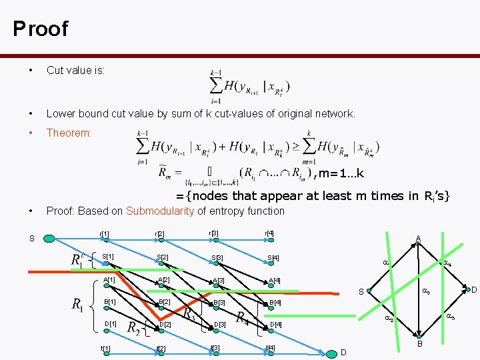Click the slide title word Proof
coord(40,29)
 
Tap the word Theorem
coord(69,133)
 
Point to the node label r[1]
coord(105,234)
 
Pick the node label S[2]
coord(162,257)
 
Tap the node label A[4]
coord(273,281)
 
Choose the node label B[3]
coord(218,303)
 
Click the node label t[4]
coord(270,347)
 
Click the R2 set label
coord(133,328)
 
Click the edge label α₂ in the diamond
coord(390,320)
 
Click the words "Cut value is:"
coord(75,71)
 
